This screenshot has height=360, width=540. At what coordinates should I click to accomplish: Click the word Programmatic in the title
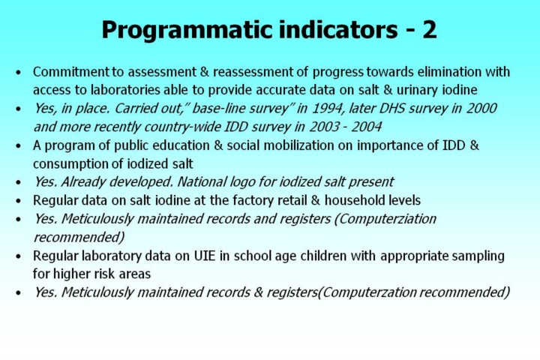point(187,31)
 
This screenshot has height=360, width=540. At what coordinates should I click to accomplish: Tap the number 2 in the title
point(430,30)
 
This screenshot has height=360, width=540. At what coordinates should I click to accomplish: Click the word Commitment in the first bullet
point(70,72)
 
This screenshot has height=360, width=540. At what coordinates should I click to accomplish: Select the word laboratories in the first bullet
point(125,90)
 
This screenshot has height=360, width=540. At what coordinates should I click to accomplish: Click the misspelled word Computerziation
point(385,219)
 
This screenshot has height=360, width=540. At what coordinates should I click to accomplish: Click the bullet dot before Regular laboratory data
point(19,256)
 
